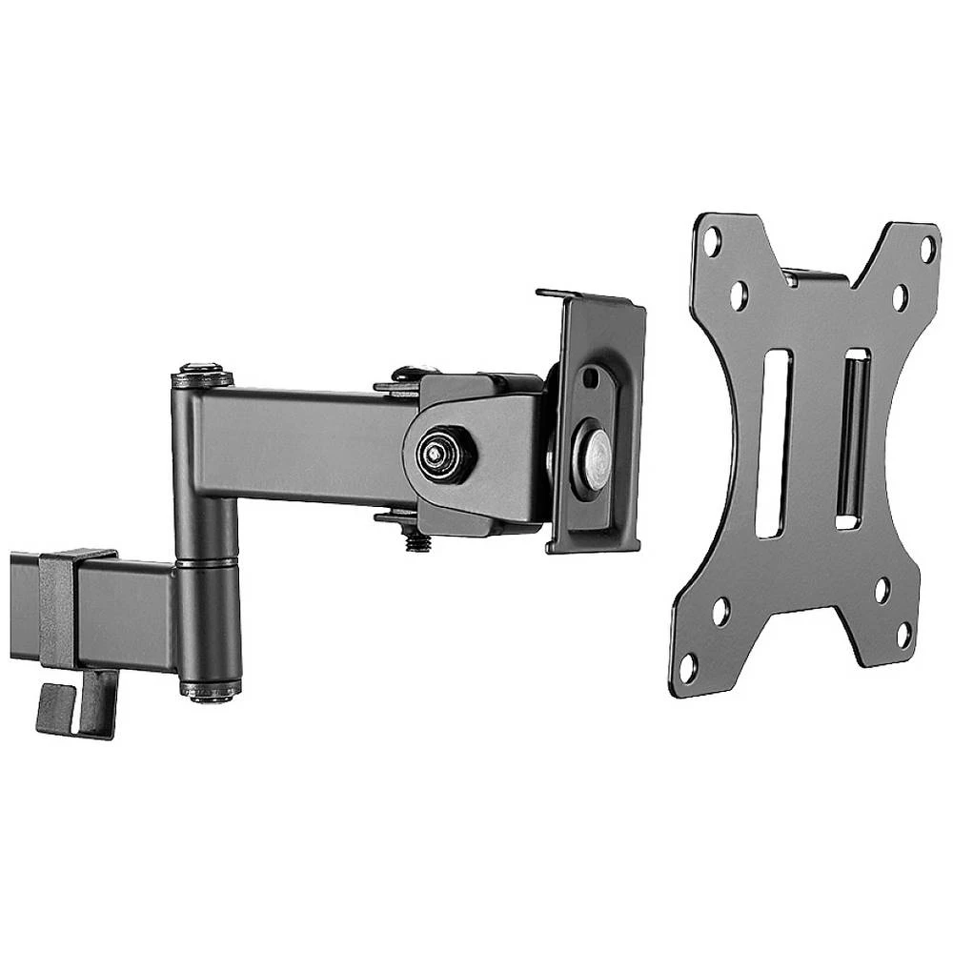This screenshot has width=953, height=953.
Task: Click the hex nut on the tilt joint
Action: click(x=439, y=456)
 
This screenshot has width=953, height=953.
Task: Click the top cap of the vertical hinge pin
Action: click(x=200, y=371)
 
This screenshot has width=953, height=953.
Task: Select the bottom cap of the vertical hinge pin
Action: click(x=209, y=693)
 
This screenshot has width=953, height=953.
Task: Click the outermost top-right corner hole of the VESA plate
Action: click(x=926, y=249)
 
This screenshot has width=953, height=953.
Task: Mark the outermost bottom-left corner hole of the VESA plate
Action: click(x=688, y=667)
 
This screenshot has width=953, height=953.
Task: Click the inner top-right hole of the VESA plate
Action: click(x=900, y=297)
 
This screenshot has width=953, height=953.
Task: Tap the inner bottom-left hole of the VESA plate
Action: click(x=720, y=611)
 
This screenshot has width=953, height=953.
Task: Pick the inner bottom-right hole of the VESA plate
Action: click(x=882, y=590)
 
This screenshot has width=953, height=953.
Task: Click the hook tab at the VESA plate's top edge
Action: click(x=815, y=276)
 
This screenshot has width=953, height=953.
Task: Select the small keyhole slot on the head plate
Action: click(x=591, y=376)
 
